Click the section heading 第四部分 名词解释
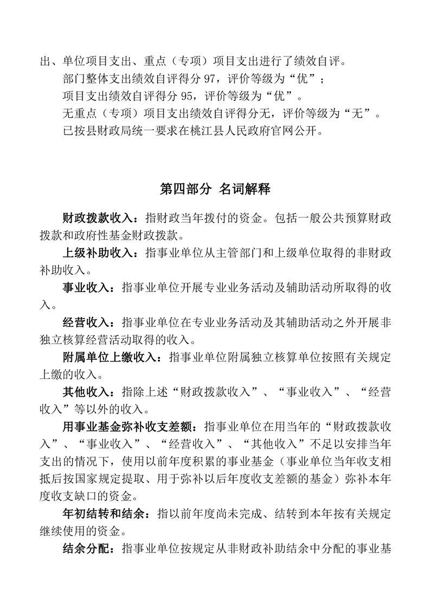215,189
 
